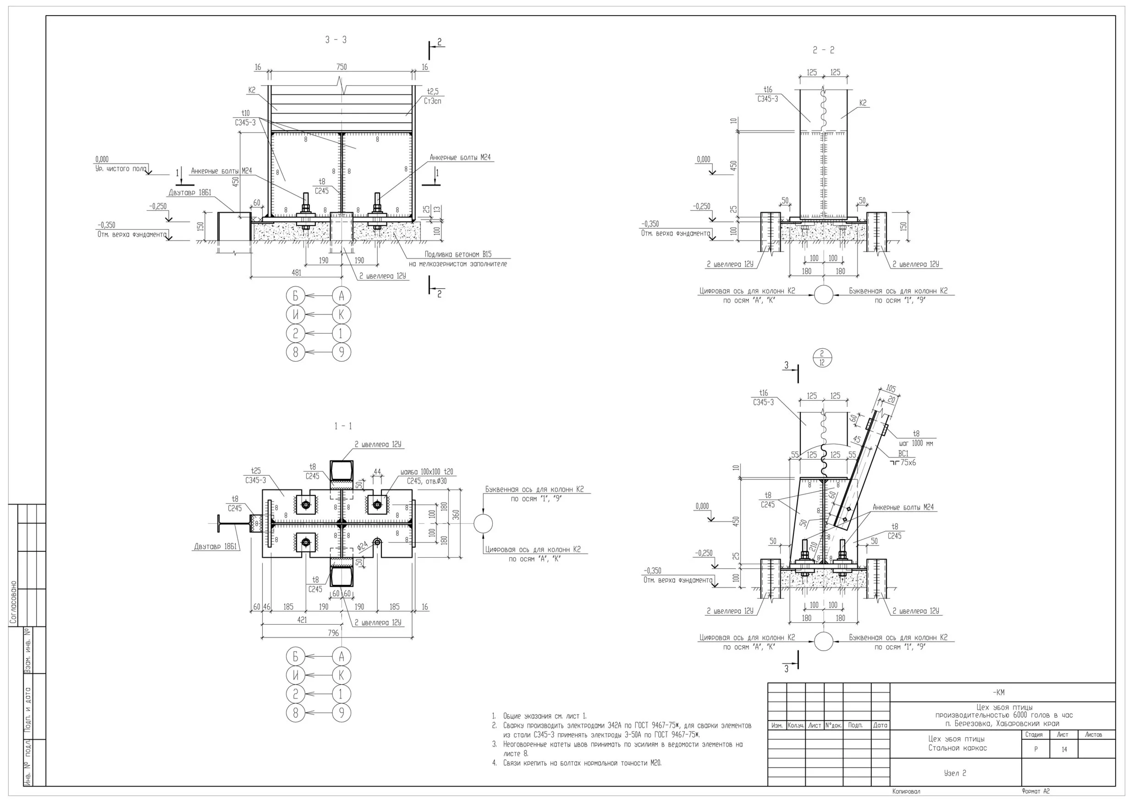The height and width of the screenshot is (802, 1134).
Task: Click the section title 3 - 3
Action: click(336, 40)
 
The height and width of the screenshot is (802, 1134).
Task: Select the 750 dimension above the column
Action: click(341, 66)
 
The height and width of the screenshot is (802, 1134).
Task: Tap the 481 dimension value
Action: click(297, 272)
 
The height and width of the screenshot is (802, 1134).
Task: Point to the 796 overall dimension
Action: click(334, 632)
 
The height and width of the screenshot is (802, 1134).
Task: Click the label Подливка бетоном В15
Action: click(458, 254)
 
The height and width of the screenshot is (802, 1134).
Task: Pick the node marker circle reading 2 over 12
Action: click(822, 357)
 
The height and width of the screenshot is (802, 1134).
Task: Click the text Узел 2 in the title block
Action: click(955, 773)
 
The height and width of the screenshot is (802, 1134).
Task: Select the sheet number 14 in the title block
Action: click(1064, 749)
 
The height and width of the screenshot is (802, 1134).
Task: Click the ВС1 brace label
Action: click(903, 453)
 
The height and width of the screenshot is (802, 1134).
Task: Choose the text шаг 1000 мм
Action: click(916, 443)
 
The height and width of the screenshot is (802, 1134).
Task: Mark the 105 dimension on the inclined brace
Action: click(891, 389)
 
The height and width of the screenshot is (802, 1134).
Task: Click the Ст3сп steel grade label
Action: click(432, 101)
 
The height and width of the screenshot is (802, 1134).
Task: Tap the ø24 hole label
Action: click(363, 546)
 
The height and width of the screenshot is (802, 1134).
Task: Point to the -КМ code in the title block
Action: click(998, 692)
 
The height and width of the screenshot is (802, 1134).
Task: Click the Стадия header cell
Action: click(1034, 734)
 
